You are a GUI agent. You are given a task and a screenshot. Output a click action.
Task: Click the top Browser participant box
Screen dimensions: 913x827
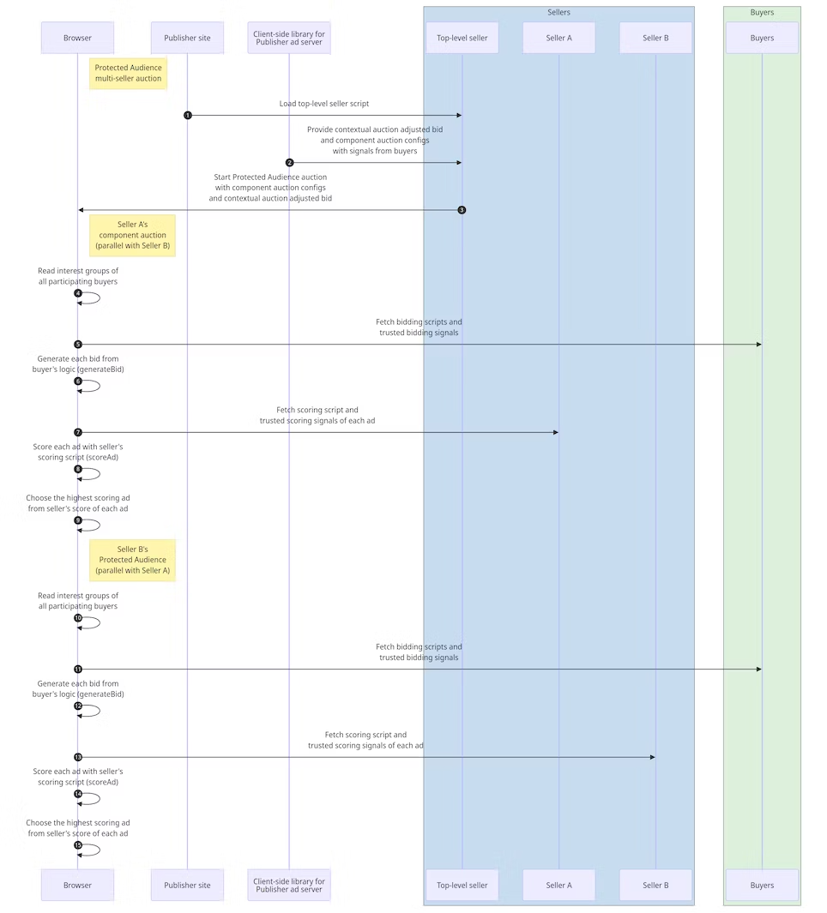pos(77,38)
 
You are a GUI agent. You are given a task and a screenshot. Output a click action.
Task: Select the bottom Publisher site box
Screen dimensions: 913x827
pos(187,885)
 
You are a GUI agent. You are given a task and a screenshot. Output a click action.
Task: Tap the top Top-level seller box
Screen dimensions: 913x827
pos(462,38)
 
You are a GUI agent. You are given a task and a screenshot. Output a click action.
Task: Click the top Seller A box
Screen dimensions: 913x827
pos(558,38)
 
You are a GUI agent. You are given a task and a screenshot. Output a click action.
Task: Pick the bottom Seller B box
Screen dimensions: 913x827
pos(655,885)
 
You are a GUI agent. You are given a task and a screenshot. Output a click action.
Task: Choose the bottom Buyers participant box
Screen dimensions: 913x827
pos(762,885)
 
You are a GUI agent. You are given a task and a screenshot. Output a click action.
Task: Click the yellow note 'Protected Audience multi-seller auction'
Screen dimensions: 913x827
pos(128,73)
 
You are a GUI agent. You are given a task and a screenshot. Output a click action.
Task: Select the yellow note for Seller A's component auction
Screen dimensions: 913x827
pos(132,235)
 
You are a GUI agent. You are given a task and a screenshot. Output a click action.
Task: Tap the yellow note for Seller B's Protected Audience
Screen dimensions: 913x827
pos(132,560)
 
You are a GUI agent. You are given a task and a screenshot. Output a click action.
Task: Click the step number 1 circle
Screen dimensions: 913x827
pos(187,115)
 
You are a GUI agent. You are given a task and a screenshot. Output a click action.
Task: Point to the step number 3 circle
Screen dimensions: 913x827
pos(462,210)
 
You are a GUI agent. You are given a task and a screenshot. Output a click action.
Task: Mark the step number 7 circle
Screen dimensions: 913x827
pos(78,432)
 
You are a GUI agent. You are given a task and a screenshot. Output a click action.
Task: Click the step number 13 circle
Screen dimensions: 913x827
pos(78,757)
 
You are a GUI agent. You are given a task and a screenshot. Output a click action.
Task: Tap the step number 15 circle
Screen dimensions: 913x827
pos(78,845)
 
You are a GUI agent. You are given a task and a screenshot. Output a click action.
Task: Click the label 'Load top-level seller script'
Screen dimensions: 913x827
pos(324,104)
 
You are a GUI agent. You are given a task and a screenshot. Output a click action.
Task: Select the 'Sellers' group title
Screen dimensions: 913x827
pos(558,12)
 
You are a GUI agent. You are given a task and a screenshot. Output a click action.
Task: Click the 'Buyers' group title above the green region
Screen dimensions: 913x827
pos(762,12)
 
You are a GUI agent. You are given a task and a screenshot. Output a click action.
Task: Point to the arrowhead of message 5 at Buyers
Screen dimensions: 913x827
pos(758,345)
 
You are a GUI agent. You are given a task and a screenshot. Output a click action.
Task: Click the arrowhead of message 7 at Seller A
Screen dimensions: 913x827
pos(554,432)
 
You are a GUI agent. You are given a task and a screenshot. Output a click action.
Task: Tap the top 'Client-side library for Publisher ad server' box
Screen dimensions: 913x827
pos(289,38)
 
